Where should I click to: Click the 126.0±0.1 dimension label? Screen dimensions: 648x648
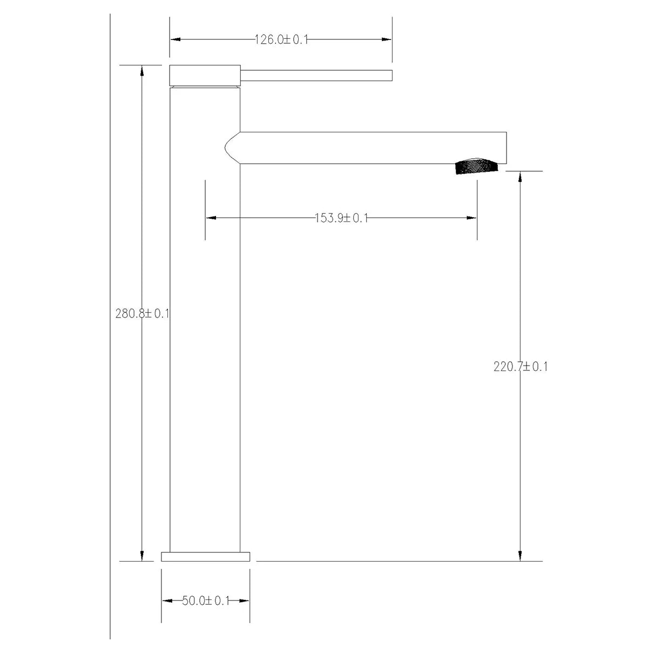281,39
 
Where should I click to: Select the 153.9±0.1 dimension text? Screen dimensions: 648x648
341,218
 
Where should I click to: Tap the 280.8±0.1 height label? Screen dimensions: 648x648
142,314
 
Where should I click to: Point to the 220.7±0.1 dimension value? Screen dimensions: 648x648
521,367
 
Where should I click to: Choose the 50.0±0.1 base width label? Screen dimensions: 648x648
205,600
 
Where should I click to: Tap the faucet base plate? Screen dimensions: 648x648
205,557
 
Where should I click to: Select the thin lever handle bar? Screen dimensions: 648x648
316,75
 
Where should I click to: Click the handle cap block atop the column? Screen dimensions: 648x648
205,75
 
